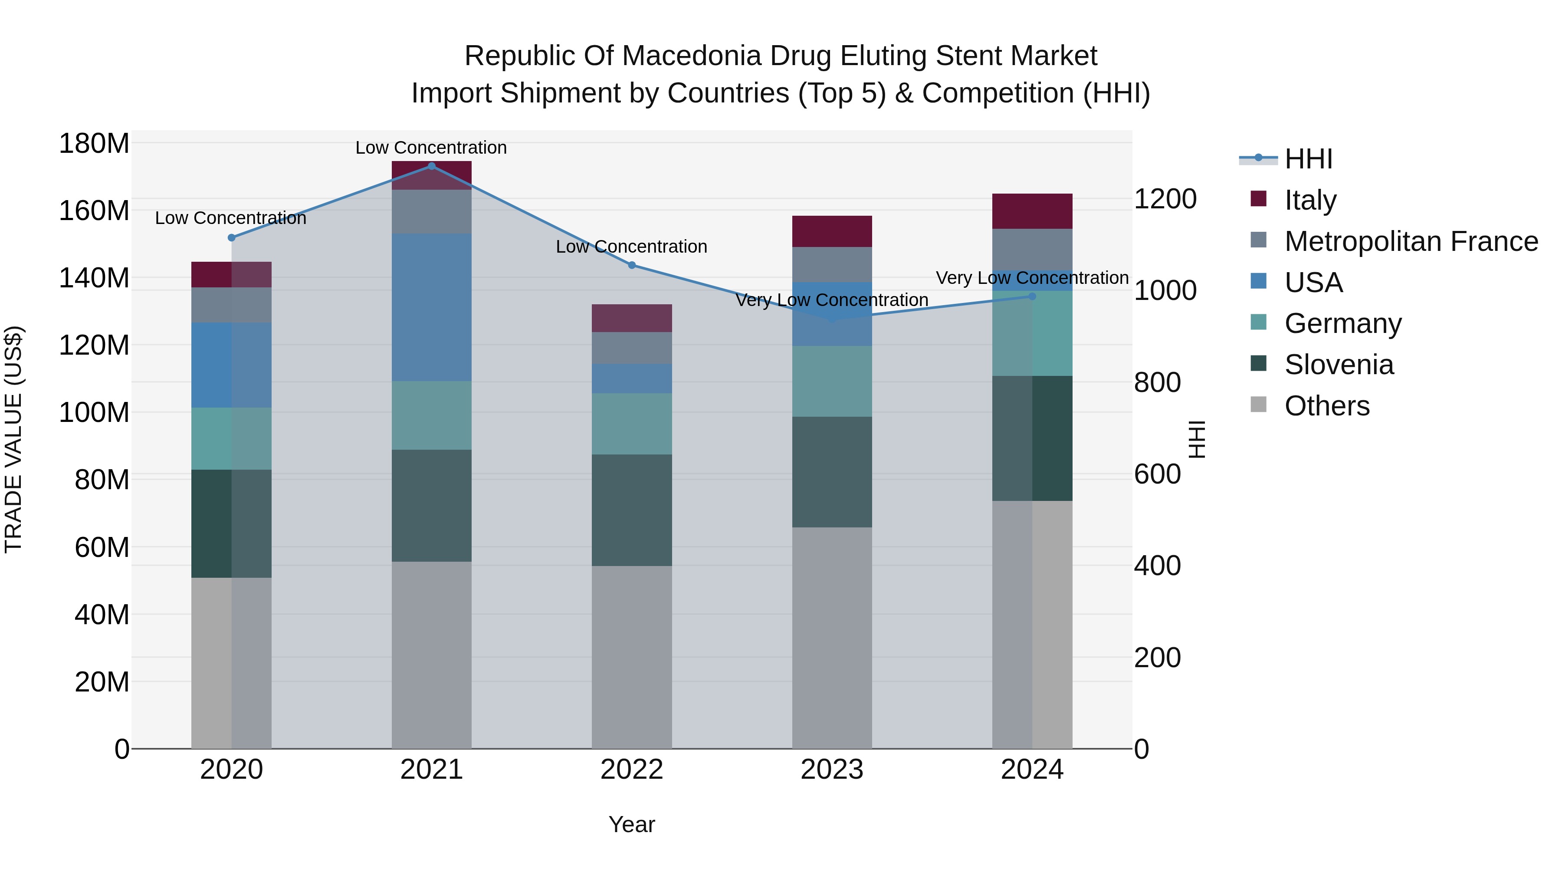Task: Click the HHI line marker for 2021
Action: [431, 166]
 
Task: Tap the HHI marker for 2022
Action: [631, 265]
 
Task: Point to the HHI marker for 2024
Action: [1032, 296]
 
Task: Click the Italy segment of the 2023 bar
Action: [831, 231]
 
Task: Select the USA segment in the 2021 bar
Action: [431, 308]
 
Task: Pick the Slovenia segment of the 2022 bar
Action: [631, 510]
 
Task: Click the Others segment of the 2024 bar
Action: [1032, 624]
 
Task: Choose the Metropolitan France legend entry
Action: [1411, 241]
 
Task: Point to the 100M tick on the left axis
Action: [94, 412]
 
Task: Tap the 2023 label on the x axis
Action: [831, 770]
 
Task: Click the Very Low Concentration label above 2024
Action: [1032, 278]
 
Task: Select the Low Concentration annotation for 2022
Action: [631, 247]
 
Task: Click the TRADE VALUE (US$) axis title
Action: [14, 439]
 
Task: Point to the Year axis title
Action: [631, 824]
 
